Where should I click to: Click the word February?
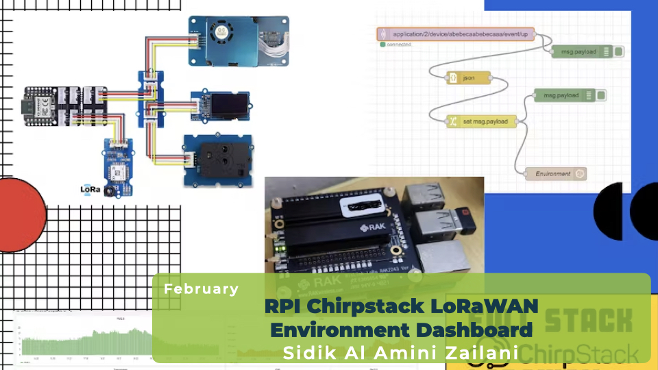(x=201, y=289)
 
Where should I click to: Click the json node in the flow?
(x=469, y=78)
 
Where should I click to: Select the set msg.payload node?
(x=482, y=121)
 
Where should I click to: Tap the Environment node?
(x=555, y=174)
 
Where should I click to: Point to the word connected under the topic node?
(x=398, y=45)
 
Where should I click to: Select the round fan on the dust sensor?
(x=221, y=32)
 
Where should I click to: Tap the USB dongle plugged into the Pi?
(x=455, y=220)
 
